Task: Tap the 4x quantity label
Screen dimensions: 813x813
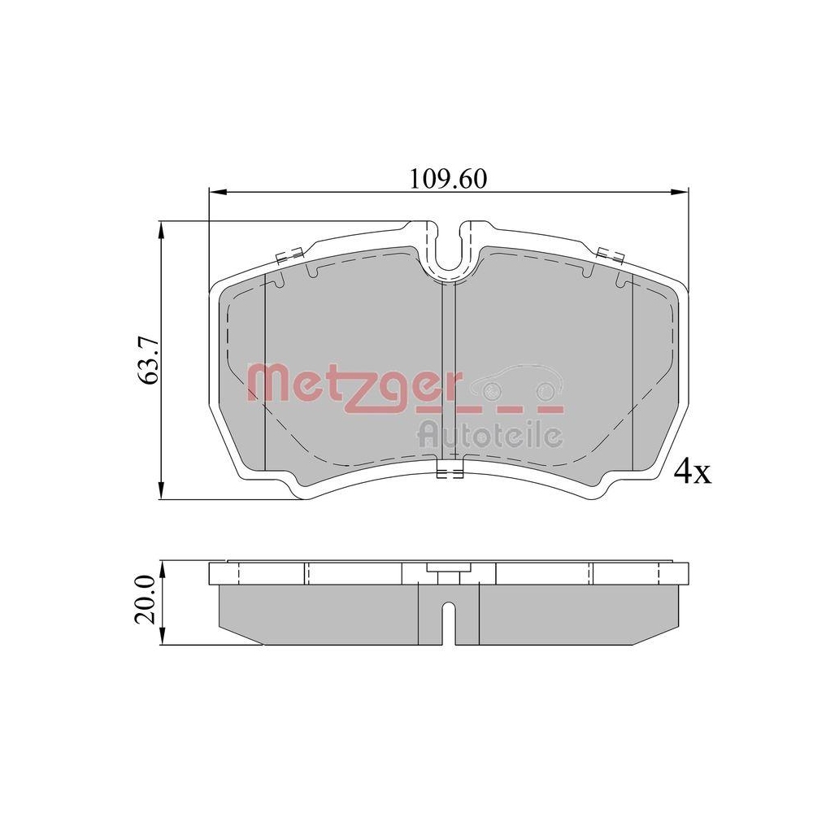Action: (x=693, y=472)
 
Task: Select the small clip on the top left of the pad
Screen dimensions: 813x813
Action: (x=289, y=255)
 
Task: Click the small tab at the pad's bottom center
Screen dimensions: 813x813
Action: (x=448, y=474)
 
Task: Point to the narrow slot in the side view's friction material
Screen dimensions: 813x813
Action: (x=448, y=623)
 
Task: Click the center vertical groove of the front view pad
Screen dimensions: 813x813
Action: (x=448, y=374)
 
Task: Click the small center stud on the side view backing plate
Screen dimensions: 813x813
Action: (x=444, y=574)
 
